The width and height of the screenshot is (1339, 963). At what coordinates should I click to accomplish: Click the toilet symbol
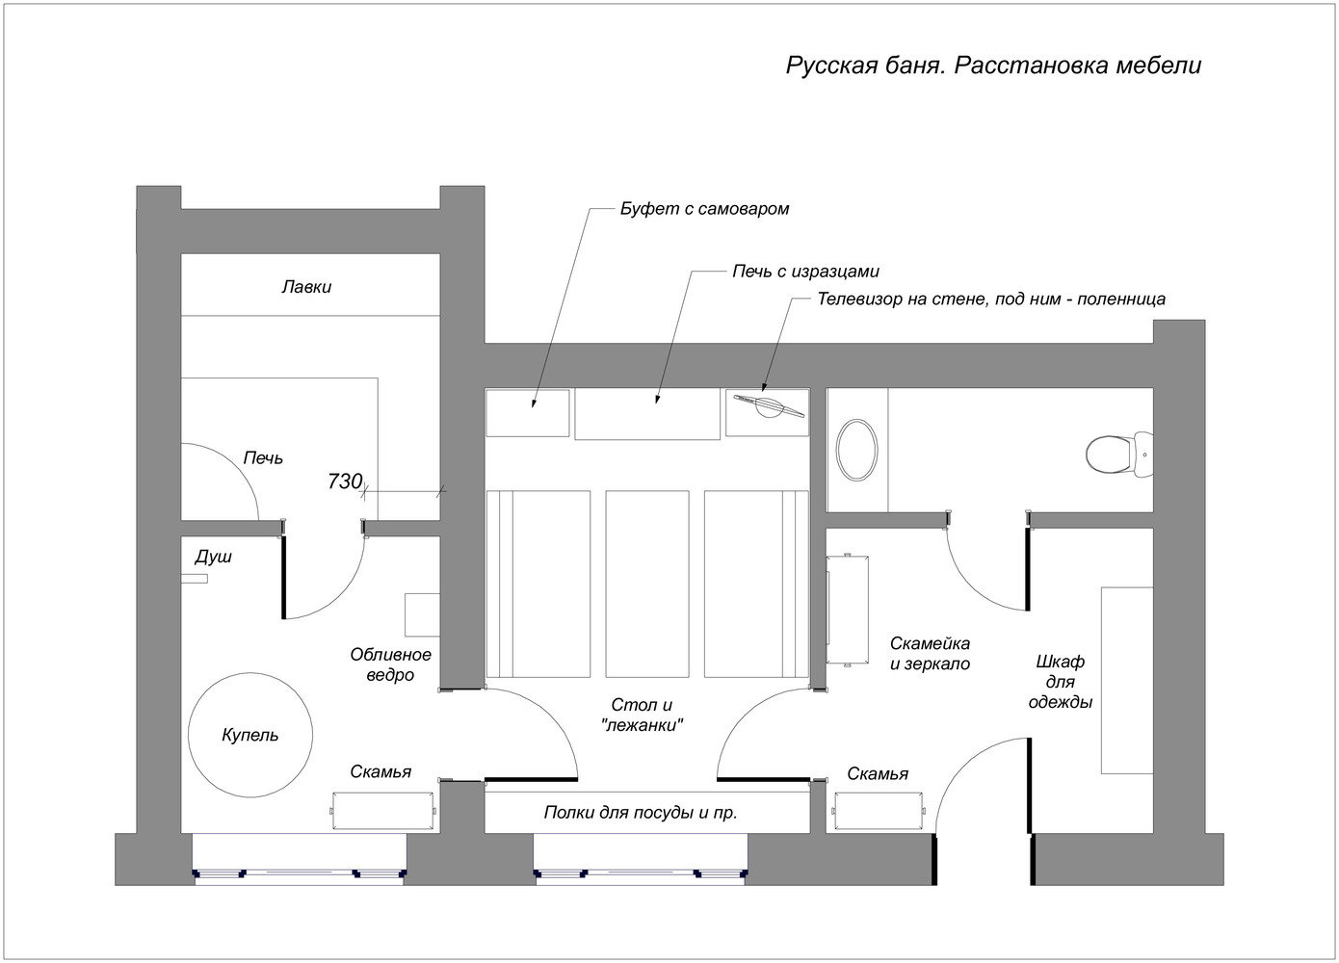click(x=1116, y=453)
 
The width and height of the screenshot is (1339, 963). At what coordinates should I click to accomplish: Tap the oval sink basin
click(x=856, y=450)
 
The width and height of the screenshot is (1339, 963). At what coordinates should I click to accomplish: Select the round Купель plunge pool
click(x=250, y=735)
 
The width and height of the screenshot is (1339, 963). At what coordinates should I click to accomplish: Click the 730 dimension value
click(x=344, y=481)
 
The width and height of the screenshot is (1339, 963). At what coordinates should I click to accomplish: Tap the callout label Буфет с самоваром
click(x=704, y=208)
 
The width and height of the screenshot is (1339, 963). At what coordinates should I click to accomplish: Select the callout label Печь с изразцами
click(x=805, y=272)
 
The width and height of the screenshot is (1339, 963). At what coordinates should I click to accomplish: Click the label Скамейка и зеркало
click(x=930, y=653)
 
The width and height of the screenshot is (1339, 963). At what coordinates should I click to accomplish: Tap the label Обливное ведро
click(x=390, y=664)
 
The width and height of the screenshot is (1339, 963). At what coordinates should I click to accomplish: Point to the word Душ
click(x=213, y=557)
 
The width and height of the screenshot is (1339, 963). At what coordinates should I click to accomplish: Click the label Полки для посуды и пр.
click(x=641, y=813)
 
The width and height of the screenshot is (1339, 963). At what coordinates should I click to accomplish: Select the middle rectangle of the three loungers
click(x=646, y=585)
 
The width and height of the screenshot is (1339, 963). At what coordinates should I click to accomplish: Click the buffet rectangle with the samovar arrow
click(x=527, y=413)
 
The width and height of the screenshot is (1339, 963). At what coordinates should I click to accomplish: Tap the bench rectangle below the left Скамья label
click(x=383, y=809)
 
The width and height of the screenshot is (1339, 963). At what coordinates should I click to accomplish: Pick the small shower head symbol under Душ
click(x=196, y=579)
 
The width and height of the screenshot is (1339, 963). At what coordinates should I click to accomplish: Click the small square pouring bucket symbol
click(x=422, y=614)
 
